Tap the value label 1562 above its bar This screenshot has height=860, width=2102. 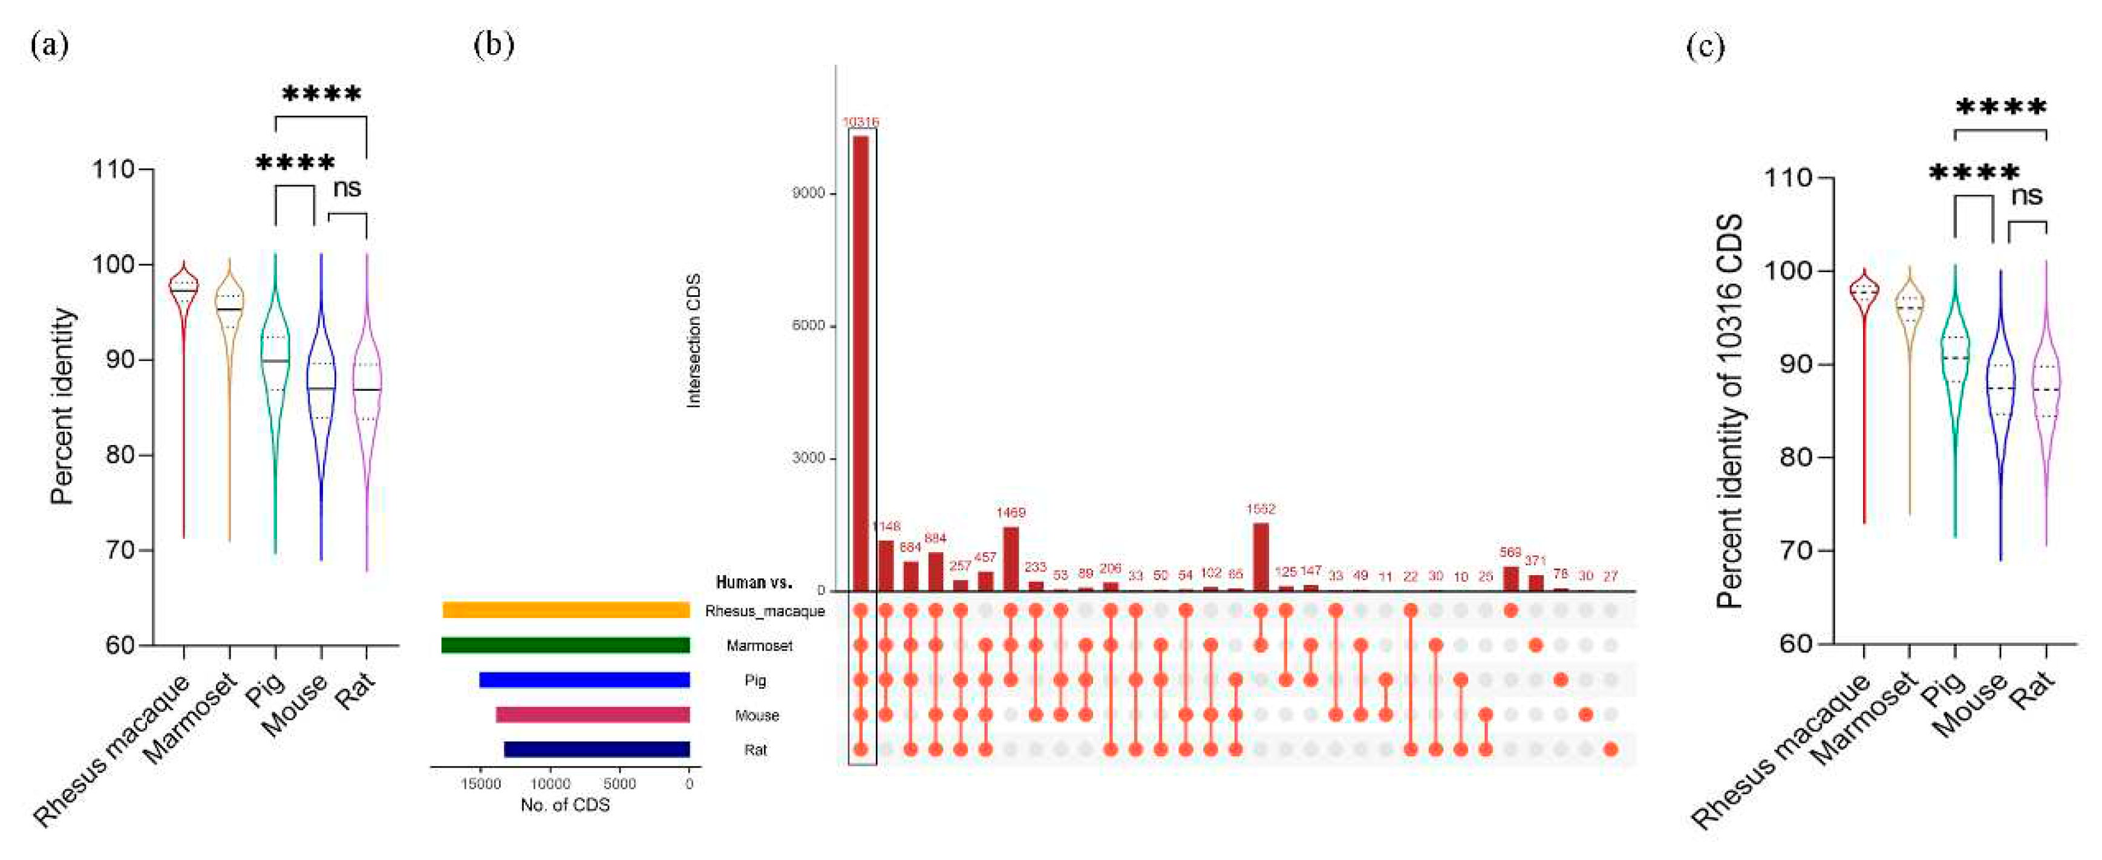click(x=1261, y=509)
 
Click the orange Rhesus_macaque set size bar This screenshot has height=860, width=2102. click(x=566, y=610)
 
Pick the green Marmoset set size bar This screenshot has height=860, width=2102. click(x=566, y=645)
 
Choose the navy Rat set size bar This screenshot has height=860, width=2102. click(x=596, y=749)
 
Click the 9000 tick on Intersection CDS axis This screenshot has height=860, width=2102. click(x=809, y=194)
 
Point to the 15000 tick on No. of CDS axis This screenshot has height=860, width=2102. click(x=481, y=785)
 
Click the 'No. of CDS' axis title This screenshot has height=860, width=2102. click(x=565, y=806)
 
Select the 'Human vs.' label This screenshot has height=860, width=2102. click(x=753, y=582)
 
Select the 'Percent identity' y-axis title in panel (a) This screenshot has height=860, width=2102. click(x=62, y=406)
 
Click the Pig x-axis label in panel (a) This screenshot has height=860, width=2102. click(x=267, y=690)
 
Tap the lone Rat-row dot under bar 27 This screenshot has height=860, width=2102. click(x=1610, y=749)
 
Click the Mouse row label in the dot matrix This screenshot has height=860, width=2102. click(x=757, y=715)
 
